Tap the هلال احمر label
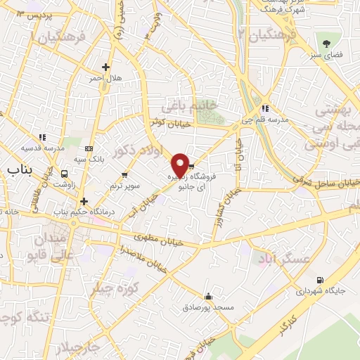(104, 77)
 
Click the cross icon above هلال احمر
(105, 67)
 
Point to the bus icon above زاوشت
(65, 174)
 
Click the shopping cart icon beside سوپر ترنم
(125, 174)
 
